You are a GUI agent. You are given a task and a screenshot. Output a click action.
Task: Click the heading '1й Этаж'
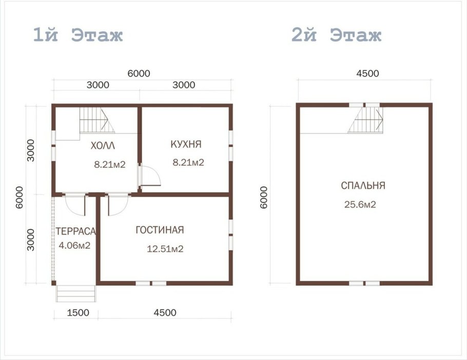[x=77, y=36]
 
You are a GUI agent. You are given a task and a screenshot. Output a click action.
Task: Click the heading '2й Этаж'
[x=337, y=36]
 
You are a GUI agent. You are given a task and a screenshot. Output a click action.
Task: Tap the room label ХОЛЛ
[x=103, y=146]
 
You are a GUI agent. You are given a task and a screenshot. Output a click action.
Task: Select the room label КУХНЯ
[x=186, y=144]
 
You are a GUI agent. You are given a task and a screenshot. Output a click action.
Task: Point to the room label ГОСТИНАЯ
[x=160, y=230]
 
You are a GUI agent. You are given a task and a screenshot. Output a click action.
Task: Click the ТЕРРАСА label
[x=75, y=231]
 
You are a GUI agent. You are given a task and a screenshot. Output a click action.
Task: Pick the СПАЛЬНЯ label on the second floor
[x=362, y=186]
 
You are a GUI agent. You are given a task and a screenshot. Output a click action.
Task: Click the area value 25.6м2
[x=360, y=204]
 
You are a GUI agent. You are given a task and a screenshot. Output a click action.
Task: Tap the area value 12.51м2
[x=165, y=249]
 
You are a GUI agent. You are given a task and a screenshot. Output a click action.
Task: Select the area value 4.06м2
[x=75, y=245]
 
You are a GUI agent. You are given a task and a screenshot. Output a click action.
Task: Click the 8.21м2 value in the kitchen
[x=188, y=163]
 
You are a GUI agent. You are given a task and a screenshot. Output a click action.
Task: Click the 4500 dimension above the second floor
[x=367, y=73]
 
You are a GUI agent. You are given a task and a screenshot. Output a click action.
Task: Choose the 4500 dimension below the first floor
[x=165, y=313]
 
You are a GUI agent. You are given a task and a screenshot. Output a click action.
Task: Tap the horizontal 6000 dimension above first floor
[x=139, y=73]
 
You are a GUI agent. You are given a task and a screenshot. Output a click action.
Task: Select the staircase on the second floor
[x=366, y=120]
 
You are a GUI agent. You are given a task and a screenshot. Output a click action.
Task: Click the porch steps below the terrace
[x=75, y=293]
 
